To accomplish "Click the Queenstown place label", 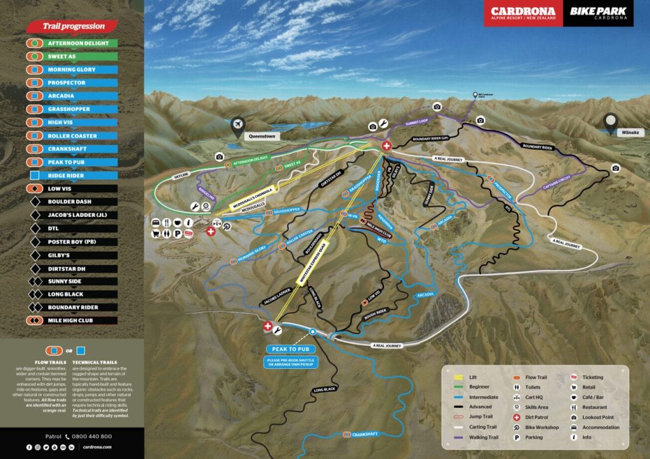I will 263,135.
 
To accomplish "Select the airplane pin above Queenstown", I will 239,124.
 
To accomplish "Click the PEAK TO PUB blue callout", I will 290,349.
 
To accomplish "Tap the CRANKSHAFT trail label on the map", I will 365,434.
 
